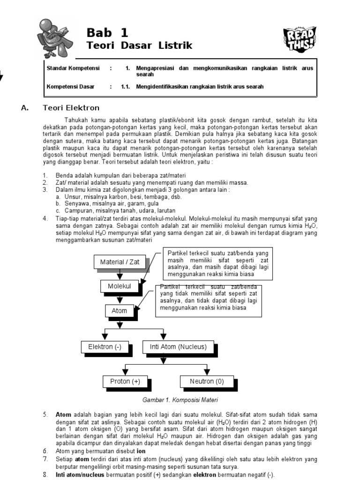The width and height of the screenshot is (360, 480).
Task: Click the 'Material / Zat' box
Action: [x=120, y=262]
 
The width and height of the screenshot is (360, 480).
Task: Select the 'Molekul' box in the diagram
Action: [x=119, y=286]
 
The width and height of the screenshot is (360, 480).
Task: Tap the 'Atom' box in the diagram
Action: [x=119, y=310]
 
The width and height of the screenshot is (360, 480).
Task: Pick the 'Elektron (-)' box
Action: [x=105, y=347]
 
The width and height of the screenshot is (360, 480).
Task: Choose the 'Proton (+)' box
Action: [x=125, y=382]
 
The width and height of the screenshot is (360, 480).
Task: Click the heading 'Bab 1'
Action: [x=107, y=33]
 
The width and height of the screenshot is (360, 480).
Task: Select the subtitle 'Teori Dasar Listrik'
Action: [x=140, y=45]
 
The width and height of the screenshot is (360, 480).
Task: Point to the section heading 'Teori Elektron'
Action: [x=71, y=108]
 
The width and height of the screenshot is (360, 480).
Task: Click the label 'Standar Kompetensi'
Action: [x=73, y=68]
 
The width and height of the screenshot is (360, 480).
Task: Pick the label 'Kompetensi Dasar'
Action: [x=70, y=87]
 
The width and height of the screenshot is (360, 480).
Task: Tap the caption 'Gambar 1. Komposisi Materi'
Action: [x=180, y=400]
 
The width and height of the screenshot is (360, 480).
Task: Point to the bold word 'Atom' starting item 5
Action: [x=63, y=415]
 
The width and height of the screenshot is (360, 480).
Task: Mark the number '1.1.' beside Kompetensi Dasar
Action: [x=125, y=87]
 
